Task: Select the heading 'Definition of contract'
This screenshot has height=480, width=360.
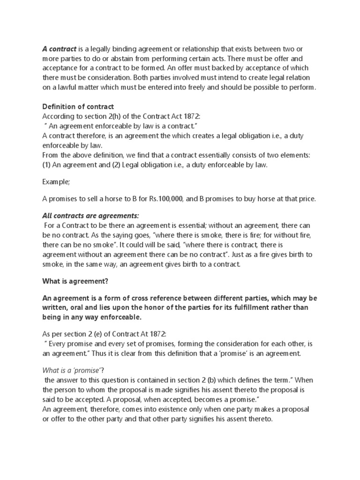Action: pyautogui.click(x=78, y=107)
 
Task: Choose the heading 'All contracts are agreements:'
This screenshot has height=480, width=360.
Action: pyautogui.click(x=91, y=215)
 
